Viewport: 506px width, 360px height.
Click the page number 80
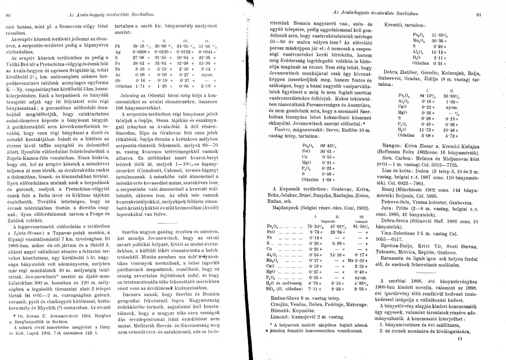click(x=8, y=15)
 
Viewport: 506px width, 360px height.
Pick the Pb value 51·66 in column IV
click(x=199, y=46)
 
